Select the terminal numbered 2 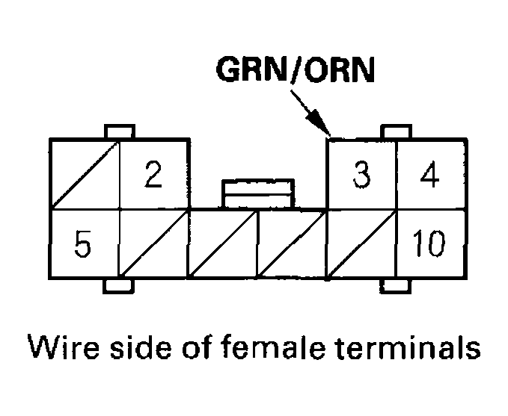[153, 174]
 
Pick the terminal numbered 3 [361, 174]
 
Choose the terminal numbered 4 [430, 174]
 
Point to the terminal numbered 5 [84, 244]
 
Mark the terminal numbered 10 [430, 244]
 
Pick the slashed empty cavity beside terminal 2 [84, 174]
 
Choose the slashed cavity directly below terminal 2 [153, 244]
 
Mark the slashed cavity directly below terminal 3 [361, 244]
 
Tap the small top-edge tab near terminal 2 [121, 132]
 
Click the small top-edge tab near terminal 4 [396, 132]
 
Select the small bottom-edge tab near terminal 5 [119, 285]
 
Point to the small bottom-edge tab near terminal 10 [396, 285]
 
